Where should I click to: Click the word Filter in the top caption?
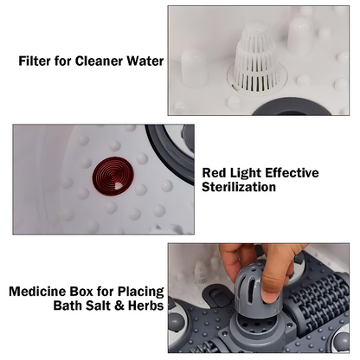pos(37,61)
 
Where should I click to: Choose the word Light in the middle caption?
pos(251,173)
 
